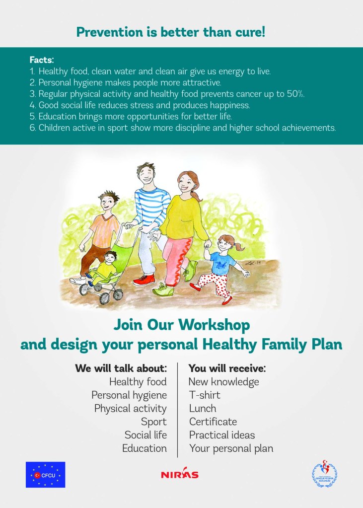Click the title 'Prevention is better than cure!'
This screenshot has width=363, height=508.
tap(170, 32)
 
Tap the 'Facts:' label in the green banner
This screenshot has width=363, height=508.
tap(41, 60)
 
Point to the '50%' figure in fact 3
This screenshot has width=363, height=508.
tap(294, 94)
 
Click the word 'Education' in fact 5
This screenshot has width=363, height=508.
tap(57, 116)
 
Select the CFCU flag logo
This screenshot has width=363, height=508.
tap(45, 475)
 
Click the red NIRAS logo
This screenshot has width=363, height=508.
tap(179, 475)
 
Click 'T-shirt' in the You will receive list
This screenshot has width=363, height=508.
tap(205, 395)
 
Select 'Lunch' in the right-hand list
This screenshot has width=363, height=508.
tap(203, 409)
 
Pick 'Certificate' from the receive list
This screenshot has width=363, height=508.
tap(213, 422)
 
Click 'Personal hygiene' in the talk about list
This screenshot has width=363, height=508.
tap(129, 395)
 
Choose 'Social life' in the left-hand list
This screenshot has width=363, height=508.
tap(145, 435)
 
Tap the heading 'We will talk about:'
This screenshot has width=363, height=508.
tap(121, 368)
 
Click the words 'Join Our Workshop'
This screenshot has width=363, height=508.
tap(182, 325)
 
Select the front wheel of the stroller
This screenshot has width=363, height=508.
tap(105, 297)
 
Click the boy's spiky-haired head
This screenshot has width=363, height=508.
tap(108, 200)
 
